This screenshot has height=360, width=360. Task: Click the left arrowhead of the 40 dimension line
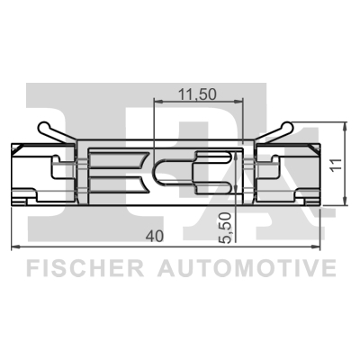tap(12, 245)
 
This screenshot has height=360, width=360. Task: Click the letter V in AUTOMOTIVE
tap(310, 268)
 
